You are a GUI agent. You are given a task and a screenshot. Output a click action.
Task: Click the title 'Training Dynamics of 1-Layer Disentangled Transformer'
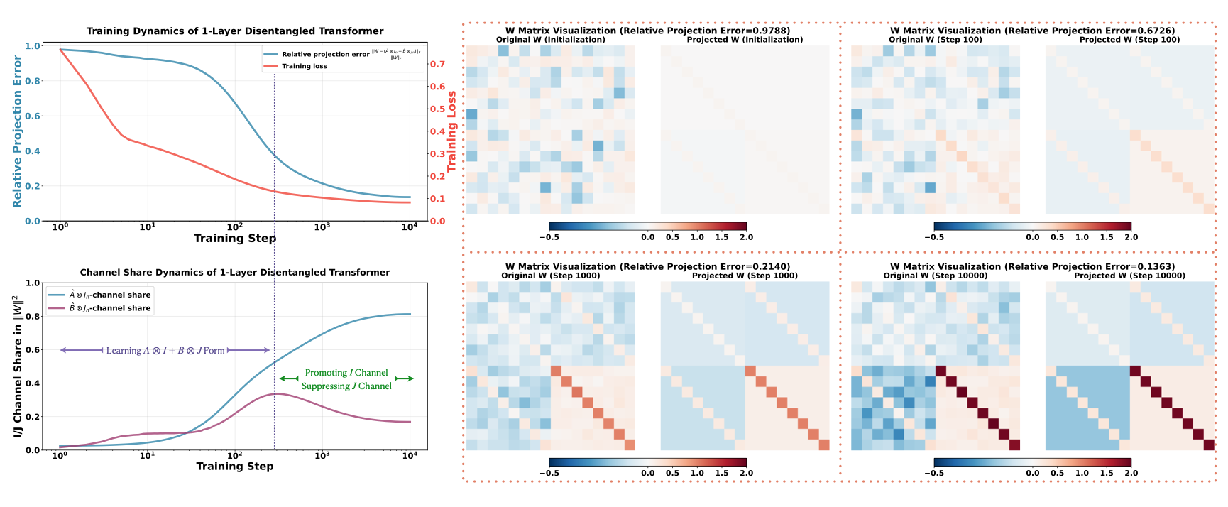[x=235, y=31]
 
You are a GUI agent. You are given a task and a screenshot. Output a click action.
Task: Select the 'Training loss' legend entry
[x=304, y=66]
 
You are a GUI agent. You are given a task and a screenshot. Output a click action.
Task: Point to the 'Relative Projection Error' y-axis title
[x=17, y=132]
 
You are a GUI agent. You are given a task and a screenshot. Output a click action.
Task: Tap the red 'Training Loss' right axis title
[x=451, y=131]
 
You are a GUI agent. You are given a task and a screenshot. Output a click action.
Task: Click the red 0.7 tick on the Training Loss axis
[x=438, y=64]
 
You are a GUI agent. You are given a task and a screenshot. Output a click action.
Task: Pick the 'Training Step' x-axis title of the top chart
[x=235, y=239]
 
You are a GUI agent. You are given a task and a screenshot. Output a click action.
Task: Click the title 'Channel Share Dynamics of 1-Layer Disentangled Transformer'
[x=235, y=273]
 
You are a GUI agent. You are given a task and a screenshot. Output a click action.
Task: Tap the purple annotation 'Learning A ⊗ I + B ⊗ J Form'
[x=165, y=351]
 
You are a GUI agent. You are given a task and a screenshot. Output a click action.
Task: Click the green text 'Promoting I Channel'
[x=346, y=373]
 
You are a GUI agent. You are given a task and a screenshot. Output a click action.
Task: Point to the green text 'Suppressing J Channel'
[x=346, y=386]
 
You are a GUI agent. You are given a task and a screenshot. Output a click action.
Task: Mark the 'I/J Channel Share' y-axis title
[x=18, y=366]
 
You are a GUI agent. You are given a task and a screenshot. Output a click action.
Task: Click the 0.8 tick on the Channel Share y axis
[x=33, y=317]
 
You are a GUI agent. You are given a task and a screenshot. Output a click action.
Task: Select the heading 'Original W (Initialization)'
[x=551, y=40]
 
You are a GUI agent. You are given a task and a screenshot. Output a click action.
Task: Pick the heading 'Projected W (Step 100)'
[x=1129, y=40]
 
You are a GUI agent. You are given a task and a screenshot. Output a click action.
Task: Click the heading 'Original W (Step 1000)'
[x=551, y=276]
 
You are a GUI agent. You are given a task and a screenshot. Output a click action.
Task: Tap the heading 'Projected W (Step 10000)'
[x=1129, y=276]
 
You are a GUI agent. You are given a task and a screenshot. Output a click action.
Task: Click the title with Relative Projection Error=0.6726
[x=1033, y=31]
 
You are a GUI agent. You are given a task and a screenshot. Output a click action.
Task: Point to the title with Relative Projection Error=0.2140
[x=647, y=267]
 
